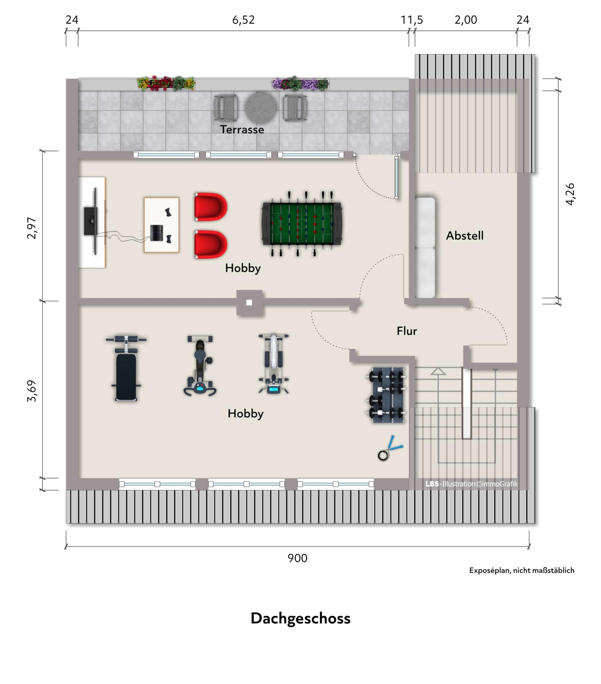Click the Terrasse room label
242,129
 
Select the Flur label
407,331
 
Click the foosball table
302,223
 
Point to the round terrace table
261,107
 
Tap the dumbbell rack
387,395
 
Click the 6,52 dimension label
243,20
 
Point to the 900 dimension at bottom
297,558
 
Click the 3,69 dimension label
32,391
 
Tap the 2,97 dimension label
32,228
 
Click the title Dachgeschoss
300,619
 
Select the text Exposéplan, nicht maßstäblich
521,570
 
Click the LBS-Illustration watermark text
471,484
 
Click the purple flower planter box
300,84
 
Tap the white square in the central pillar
249,302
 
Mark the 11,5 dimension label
412,20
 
